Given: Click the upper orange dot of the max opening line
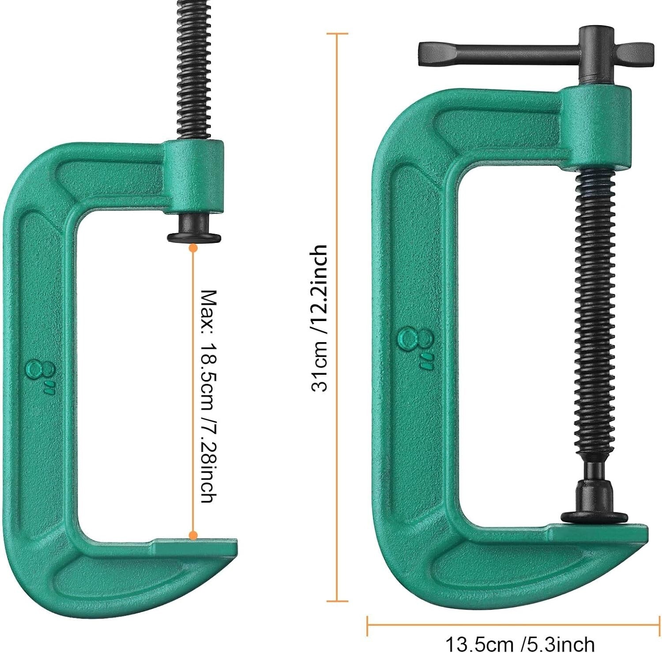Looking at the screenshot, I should [193, 248].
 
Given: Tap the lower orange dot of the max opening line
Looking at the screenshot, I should [193, 536].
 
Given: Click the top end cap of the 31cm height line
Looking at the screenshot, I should [337, 34].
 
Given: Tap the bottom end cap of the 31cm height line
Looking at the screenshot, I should [337, 601].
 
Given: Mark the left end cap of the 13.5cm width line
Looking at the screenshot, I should [368, 623].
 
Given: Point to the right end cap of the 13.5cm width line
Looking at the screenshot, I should [659, 623].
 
